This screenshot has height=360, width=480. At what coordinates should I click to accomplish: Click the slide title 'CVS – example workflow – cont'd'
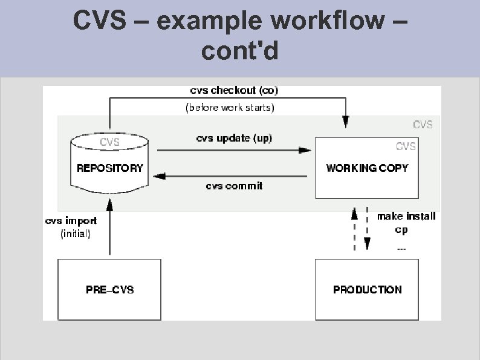(240, 36)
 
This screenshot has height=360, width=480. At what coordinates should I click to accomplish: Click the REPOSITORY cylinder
(109, 166)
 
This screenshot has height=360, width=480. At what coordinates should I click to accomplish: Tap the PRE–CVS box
(109, 289)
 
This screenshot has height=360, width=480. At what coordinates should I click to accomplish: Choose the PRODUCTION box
(367, 289)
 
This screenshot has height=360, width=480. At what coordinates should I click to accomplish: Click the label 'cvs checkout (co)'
(235, 91)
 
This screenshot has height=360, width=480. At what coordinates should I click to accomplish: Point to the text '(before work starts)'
(229, 108)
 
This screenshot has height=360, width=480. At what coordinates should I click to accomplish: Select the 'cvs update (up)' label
(235, 139)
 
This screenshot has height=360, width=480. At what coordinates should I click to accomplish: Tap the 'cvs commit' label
(234, 186)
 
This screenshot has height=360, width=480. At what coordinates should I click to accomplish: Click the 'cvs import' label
(71, 221)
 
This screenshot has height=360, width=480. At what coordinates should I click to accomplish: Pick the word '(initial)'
(76, 234)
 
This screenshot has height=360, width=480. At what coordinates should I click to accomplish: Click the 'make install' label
(406, 216)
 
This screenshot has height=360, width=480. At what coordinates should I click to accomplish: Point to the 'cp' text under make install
(401, 230)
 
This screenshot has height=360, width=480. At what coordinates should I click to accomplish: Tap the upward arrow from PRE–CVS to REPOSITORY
(109, 230)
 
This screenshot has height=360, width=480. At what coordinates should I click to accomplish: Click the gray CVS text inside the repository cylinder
(109, 143)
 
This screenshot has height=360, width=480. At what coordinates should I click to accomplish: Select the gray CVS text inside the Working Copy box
(406, 146)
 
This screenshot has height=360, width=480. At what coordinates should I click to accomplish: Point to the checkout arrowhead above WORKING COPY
(346, 123)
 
